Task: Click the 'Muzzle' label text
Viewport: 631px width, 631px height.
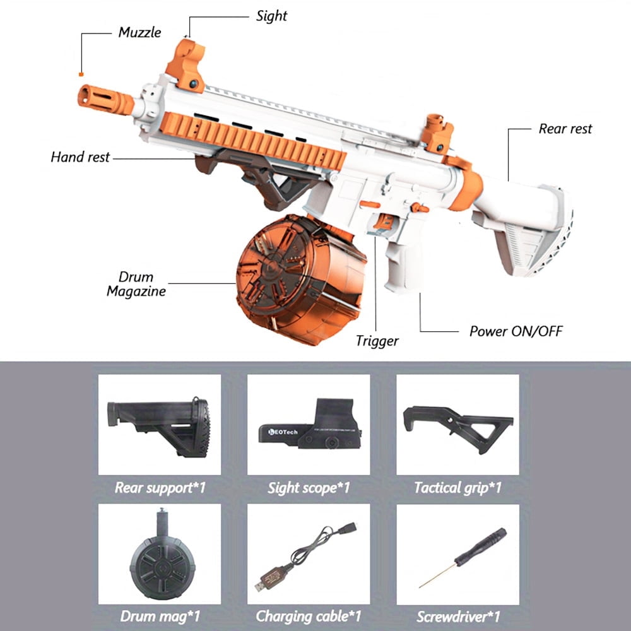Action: pos(139,32)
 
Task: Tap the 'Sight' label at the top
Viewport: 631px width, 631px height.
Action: pos(272,16)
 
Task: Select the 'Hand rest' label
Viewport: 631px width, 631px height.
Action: pos(80,156)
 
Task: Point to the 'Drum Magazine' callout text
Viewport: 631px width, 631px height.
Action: pos(136,284)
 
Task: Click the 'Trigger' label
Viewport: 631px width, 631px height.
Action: pos(377,341)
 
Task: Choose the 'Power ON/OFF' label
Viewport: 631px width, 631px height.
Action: pos(516,331)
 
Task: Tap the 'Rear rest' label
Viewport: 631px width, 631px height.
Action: pos(565,129)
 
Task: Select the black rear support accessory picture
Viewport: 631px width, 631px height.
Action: pos(159,425)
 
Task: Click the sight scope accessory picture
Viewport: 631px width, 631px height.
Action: pos(308,425)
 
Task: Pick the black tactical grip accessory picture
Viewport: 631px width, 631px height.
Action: pos(457,425)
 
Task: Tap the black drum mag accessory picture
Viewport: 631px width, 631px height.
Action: pos(159,552)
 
